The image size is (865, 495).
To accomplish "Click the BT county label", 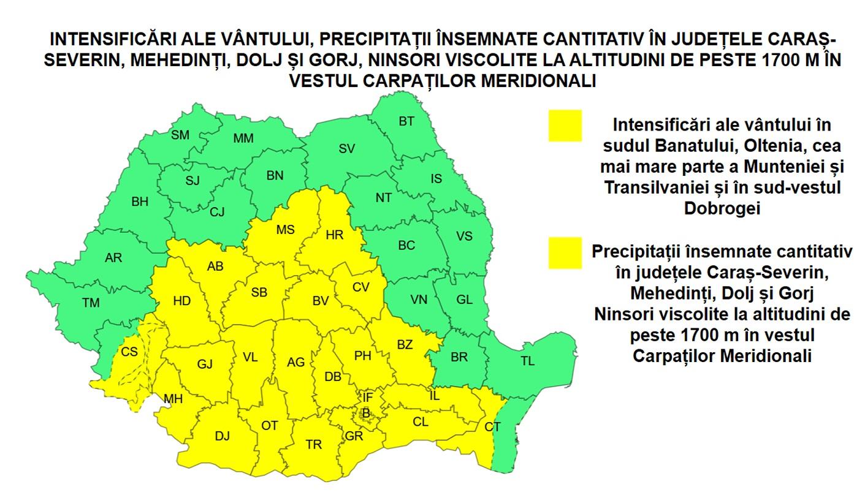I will point(406,121).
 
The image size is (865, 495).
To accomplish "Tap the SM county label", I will point(180,135).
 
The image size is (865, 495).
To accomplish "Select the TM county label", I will point(91,302).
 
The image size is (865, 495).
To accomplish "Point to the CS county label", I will point(129,352).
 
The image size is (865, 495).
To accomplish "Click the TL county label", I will point(527,361).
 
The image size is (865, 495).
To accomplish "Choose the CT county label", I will point(492,427).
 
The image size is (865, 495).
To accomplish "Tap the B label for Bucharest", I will point(366,414).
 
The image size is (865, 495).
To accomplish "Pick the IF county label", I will point(367,398).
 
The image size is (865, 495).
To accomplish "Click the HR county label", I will point(335,235).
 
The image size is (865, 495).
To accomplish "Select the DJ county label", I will point(222,436).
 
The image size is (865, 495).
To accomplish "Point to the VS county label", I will point(464,236).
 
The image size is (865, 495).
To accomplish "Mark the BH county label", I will point(140,201).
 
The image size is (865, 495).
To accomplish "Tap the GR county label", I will point(354,436).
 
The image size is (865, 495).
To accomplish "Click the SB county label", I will point(259,292).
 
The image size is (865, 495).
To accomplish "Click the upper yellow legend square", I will point(565,126).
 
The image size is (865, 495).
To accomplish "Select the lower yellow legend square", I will point(565,252).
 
